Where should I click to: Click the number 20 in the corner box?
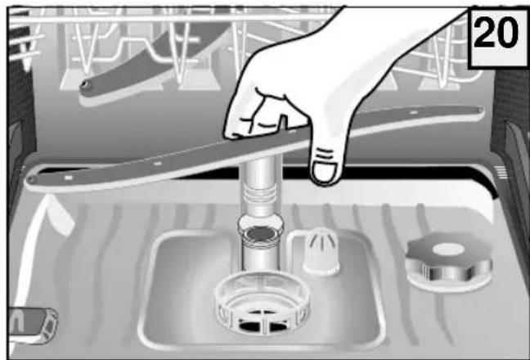[x=496, y=33]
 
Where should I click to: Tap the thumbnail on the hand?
[x=324, y=171]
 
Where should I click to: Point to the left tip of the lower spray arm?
[x=32, y=180]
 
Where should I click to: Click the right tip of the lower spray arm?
[x=479, y=110]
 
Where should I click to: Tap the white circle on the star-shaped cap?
[x=448, y=250]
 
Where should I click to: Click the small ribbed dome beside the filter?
[x=321, y=250]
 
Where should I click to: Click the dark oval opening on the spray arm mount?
[x=261, y=232]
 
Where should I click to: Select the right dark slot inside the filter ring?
[x=279, y=326]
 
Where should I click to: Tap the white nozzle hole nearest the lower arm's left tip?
[x=69, y=177]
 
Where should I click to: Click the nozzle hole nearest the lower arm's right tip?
[x=413, y=111]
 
